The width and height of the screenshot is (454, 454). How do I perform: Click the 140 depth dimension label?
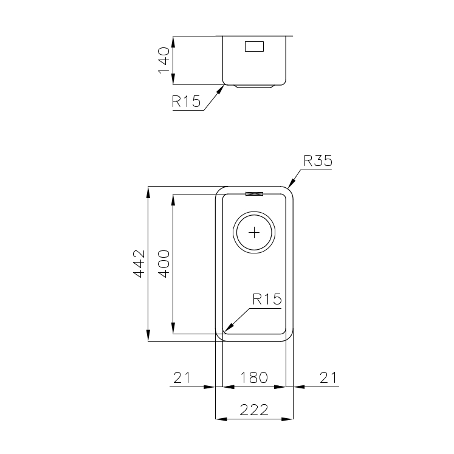point(163,61)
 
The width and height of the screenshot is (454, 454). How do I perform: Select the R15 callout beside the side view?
point(186,101)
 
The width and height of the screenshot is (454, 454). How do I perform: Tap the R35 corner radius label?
point(318,160)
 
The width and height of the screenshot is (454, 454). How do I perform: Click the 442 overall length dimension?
point(139,264)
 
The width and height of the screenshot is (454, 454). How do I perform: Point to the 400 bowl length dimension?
point(163,264)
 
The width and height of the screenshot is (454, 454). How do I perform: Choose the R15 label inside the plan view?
point(267,299)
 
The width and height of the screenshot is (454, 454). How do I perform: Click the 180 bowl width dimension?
point(254,377)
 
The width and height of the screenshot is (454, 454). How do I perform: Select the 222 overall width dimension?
point(254,410)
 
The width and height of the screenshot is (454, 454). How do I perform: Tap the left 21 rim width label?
point(182,377)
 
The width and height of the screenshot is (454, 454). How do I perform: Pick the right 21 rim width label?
point(329,377)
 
